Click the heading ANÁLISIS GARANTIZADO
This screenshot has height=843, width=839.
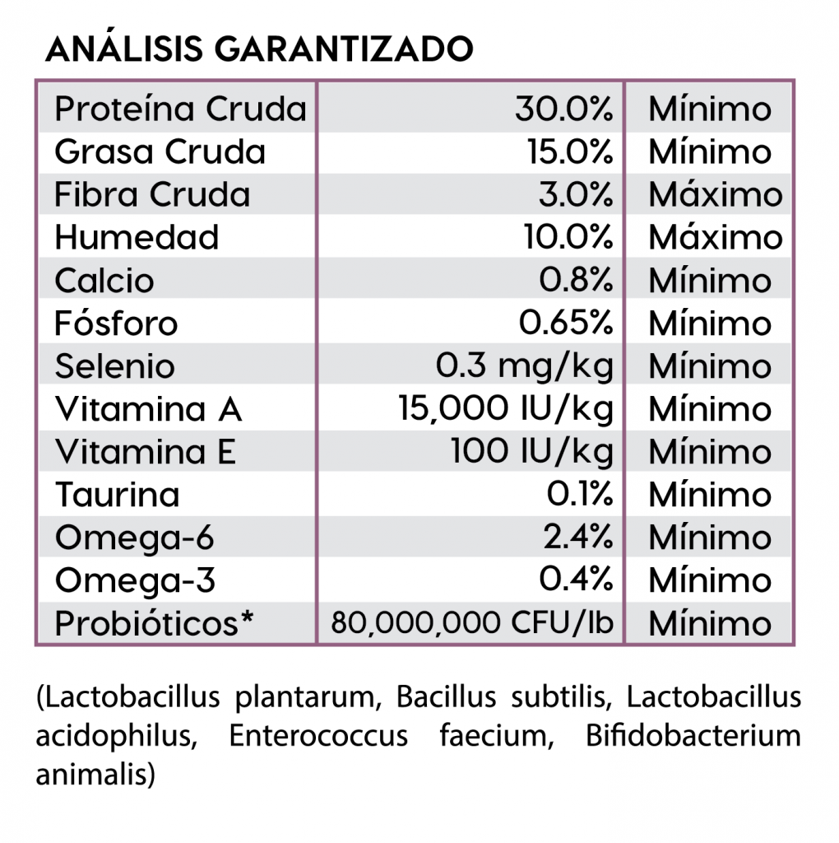(x=259, y=49)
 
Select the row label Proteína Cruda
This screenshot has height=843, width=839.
(x=180, y=109)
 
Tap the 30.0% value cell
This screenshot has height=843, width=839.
(x=564, y=109)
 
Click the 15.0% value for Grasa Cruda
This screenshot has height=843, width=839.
(x=570, y=152)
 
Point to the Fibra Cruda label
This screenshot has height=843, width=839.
(x=152, y=195)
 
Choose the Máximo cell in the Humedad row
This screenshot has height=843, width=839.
(x=715, y=238)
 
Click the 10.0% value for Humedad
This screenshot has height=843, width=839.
(x=568, y=238)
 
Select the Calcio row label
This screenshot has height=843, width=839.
(x=104, y=281)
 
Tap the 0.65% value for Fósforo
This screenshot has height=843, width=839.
(x=566, y=324)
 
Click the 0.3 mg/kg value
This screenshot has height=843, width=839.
(x=525, y=366)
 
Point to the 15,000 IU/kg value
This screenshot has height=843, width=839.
(x=505, y=409)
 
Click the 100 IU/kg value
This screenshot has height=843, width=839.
(x=531, y=452)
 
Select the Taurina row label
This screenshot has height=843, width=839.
(x=117, y=495)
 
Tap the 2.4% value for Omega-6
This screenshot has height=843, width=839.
(x=577, y=538)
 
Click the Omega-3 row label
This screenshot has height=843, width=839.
(x=135, y=580)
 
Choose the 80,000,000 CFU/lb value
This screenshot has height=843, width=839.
(x=472, y=623)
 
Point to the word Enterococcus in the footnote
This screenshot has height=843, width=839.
(x=318, y=735)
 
